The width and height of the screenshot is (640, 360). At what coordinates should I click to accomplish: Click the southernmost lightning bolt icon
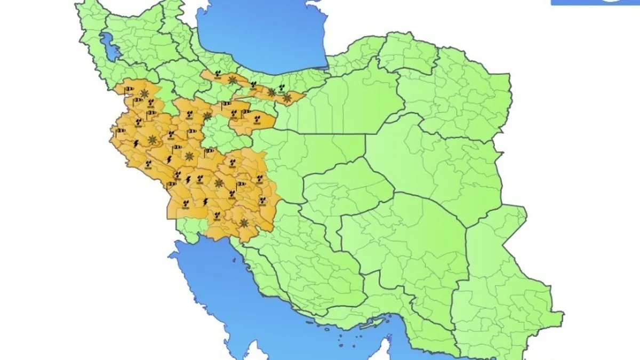pos(206,202)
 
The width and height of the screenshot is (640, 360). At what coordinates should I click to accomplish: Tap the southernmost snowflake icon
pos(244,223)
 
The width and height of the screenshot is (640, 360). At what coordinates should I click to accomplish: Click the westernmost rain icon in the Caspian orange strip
pos(218,74)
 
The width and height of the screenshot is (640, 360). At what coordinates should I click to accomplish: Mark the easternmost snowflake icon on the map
pos(287,98)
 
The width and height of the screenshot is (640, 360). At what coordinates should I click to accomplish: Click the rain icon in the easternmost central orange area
pos(257,116)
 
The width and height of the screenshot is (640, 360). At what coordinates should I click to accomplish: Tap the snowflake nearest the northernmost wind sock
pos(144,93)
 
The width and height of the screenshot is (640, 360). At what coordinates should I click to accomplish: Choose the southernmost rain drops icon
pos(217,215)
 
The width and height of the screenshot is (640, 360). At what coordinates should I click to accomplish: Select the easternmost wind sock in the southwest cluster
pos(241,185)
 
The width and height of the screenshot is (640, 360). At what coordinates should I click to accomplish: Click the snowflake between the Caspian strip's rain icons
pos(232,80)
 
